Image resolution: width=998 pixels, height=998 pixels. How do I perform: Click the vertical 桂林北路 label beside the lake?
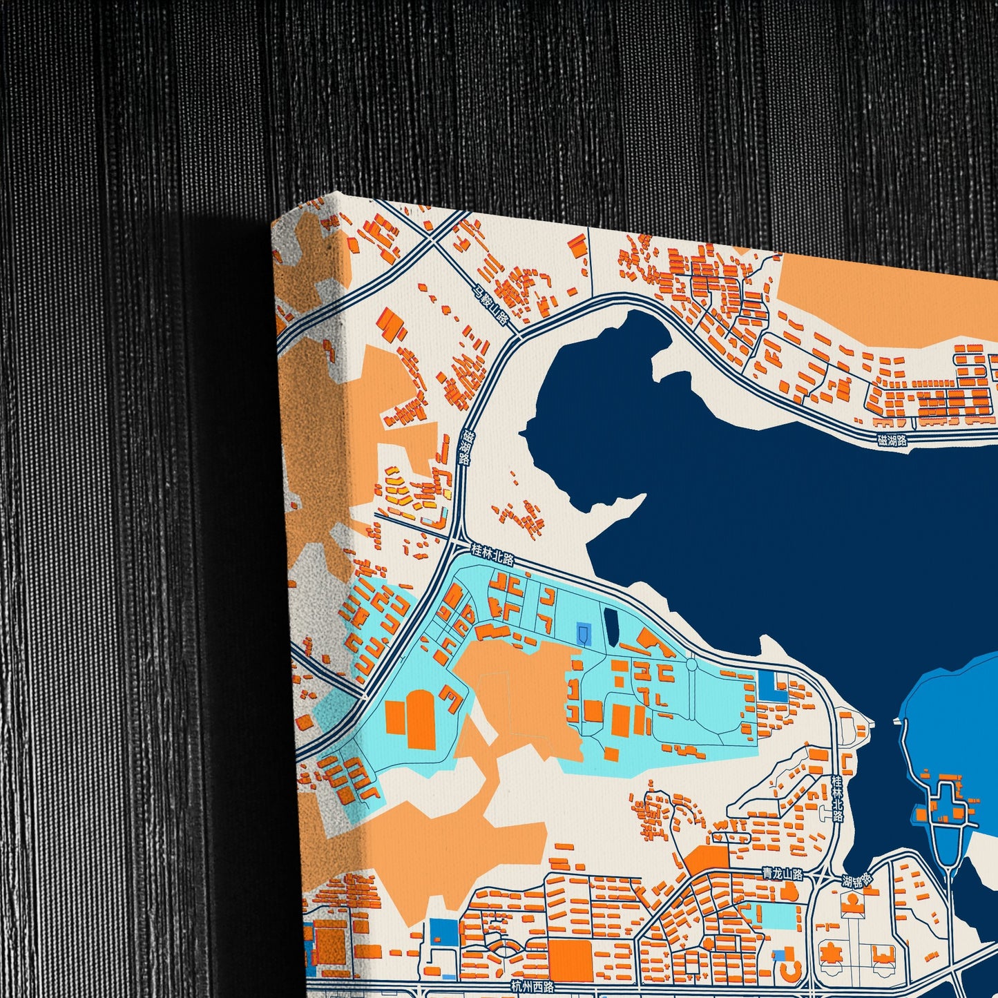coord(837,798)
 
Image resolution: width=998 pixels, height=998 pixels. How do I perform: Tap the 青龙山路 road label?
coord(783,874)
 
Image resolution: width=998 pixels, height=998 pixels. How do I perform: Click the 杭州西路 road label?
coord(532,986)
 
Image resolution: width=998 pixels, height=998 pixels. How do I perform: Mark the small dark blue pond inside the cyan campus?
coord(611,624)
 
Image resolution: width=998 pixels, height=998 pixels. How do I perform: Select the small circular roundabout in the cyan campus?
coord(691,665)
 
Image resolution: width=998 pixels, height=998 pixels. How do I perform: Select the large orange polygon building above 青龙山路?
coord(707,860)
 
